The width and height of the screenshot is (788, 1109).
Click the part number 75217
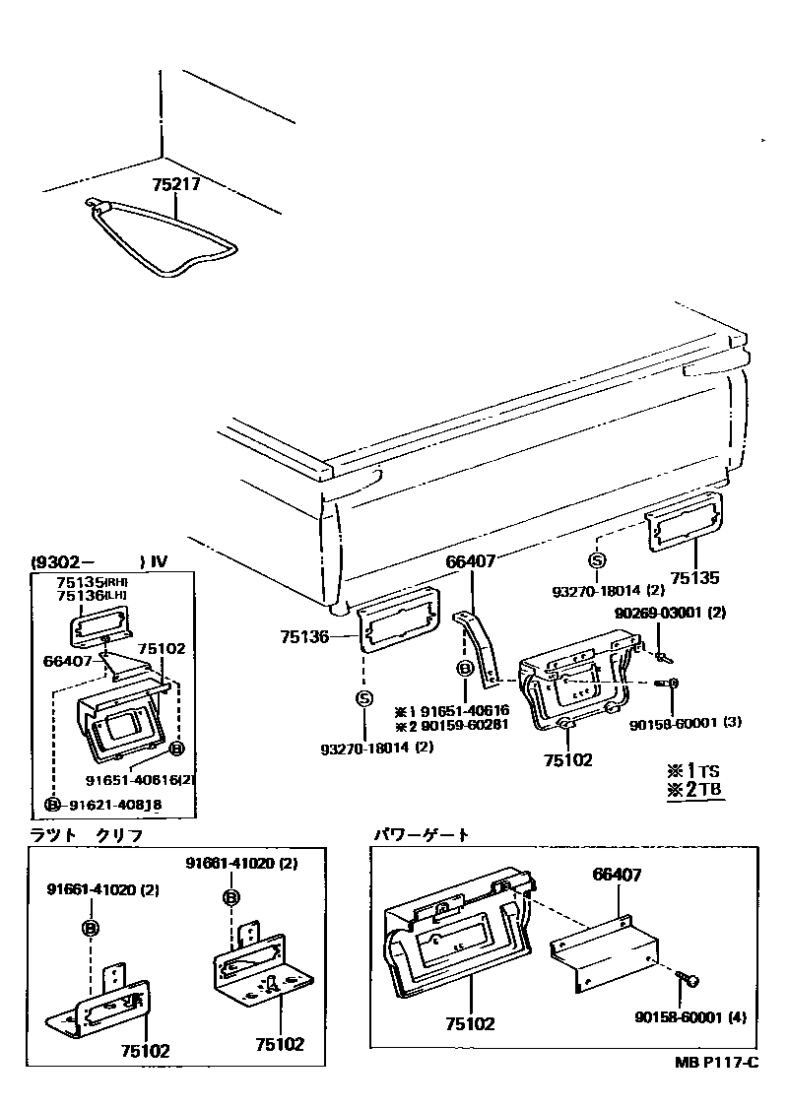(x=178, y=184)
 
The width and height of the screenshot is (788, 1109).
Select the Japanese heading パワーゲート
(x=422, y=834)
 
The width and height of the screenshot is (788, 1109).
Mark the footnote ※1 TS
(x=694, y=769)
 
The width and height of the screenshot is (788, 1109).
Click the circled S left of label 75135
(x=596, y=560)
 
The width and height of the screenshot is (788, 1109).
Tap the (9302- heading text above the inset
(x=66, y=562)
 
